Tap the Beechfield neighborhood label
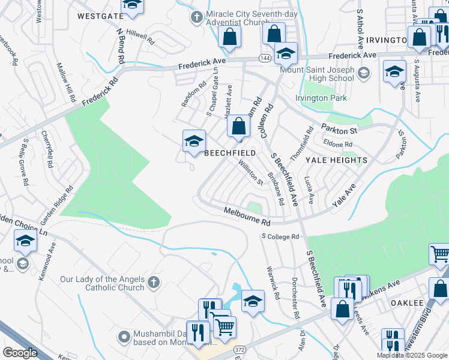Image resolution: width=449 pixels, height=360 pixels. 230,153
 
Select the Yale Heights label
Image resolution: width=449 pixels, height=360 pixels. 336,160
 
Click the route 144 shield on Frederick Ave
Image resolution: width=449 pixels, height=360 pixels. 265,58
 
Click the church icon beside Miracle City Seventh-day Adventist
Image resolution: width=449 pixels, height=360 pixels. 196,17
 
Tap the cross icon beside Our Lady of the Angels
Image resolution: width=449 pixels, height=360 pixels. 153,281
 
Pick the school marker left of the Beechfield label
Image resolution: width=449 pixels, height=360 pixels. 194,142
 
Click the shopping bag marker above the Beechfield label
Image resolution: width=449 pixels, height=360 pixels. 238,127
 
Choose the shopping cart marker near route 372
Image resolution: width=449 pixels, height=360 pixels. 224,327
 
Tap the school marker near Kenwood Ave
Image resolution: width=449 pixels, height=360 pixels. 25,241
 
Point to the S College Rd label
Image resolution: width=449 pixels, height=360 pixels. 280,237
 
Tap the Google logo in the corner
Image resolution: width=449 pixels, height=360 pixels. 20,353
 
